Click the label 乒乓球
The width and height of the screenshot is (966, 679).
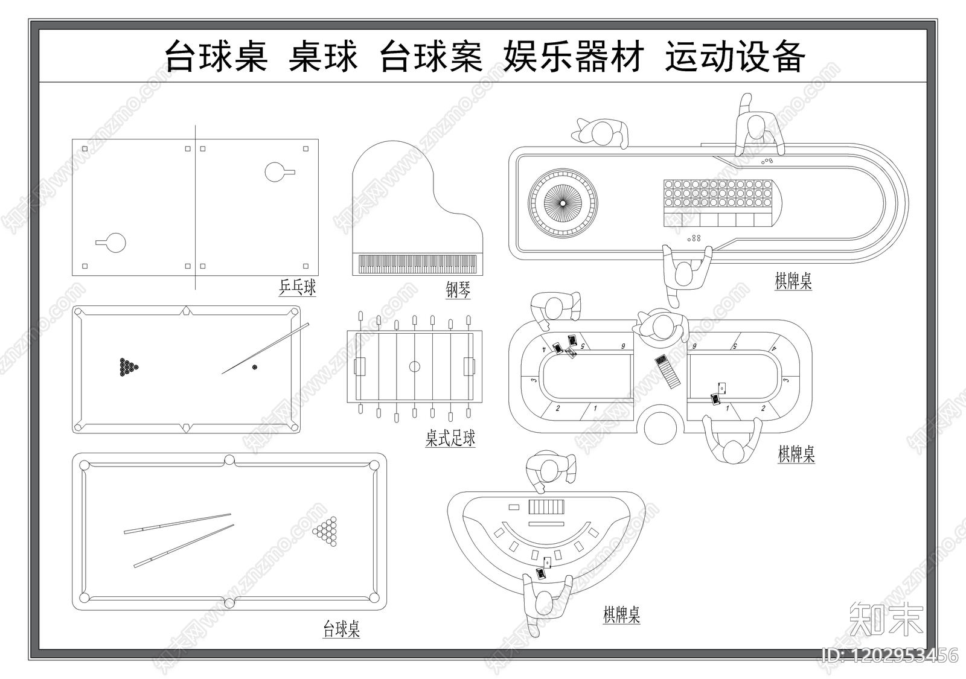[x=297, y=287]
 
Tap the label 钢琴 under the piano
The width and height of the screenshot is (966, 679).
[x=458, y=291]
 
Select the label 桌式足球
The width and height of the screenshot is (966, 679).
[x=450, y=439]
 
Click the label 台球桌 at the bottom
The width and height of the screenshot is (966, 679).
[x=342, y=630]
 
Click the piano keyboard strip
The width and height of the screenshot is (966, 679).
[x=417, y=264]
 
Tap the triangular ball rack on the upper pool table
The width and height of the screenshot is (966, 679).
[x=128, y=367]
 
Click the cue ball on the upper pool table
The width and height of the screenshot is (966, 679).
[x=254, y=367]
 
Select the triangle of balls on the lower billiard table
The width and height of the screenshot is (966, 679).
[x=325, y=531]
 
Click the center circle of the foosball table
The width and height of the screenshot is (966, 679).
[x=414, y=366]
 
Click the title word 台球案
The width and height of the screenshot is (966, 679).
[x=431, y=57]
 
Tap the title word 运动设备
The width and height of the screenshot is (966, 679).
[x=735, y=57]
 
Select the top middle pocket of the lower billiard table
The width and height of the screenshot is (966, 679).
[x=229, y=461]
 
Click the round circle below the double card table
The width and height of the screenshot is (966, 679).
[x=661, y=426]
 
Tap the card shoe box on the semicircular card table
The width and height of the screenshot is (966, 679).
[x=547, y=506]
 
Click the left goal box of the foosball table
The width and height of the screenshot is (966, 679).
[x=360, y=366]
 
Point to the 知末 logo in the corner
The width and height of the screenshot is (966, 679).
[x=886, y=619]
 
